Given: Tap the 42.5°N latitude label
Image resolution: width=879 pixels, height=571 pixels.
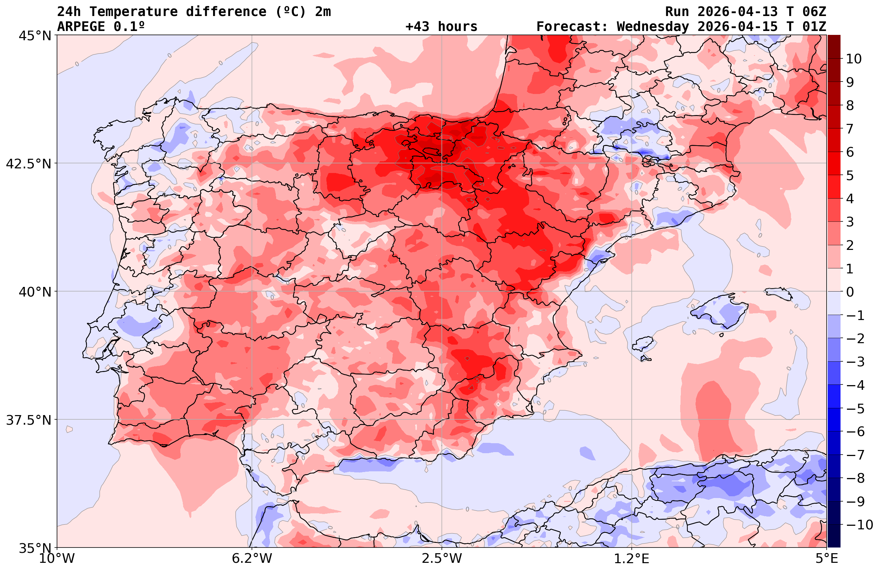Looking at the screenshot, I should (28, 163).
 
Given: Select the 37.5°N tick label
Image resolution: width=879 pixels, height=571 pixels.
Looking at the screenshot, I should (28, 420).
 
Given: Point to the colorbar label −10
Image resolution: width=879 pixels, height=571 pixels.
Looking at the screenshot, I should (859, 524).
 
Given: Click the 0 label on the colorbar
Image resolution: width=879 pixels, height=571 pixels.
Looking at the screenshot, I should (850, 292).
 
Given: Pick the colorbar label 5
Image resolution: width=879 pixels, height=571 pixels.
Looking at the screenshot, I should (850, 176).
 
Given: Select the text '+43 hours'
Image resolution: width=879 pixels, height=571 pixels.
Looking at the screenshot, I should (441, 27).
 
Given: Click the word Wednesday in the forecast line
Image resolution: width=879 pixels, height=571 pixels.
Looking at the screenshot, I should (653, 27).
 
